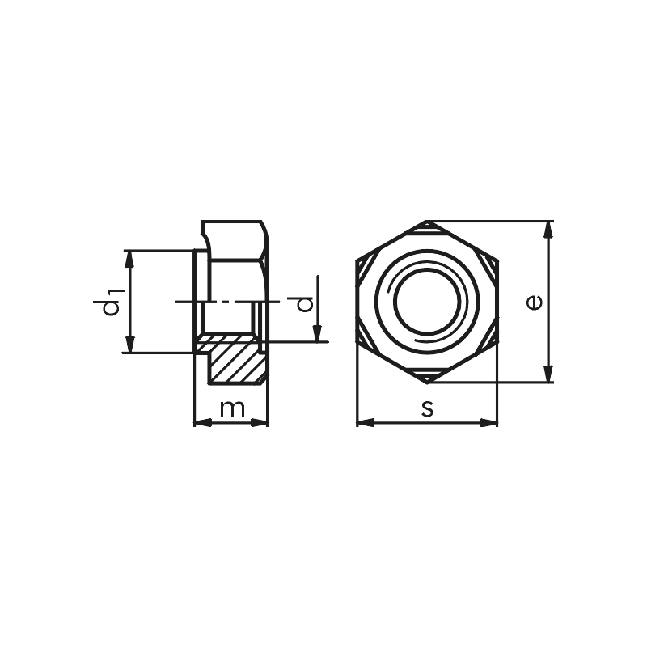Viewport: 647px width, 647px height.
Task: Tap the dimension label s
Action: click(x=427, y=408)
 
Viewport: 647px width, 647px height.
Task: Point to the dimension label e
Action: click(x=533, y=302)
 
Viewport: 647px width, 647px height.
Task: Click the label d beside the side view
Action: click(x=304, y=303)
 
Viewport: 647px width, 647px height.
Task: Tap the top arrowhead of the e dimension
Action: click(x=549, y=227)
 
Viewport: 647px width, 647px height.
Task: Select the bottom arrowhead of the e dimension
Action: click(x=549, y=375)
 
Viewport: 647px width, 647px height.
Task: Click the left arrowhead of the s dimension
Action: click(x=364, y=422)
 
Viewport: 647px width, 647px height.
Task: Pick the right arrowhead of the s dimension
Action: click(x=490, y=422)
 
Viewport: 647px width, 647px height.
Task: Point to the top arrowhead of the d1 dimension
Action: click(x=129, y=257)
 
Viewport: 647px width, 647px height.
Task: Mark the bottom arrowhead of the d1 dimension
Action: click(x=129, y=345)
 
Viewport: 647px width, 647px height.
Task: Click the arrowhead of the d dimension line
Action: click(x=318, y=334)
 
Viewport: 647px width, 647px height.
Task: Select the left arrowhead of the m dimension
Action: click(x=201, y=422)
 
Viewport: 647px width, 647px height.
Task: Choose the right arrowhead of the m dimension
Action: click(x=260, y=422)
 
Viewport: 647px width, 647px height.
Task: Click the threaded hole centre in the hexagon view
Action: click(x=427, y=302)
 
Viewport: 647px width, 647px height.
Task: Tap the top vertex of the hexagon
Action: click(x=427, y=221)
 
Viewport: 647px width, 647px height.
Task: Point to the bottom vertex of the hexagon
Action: click(x=427, y=383)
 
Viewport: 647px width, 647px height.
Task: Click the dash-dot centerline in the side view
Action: click(x=226, y=301)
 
